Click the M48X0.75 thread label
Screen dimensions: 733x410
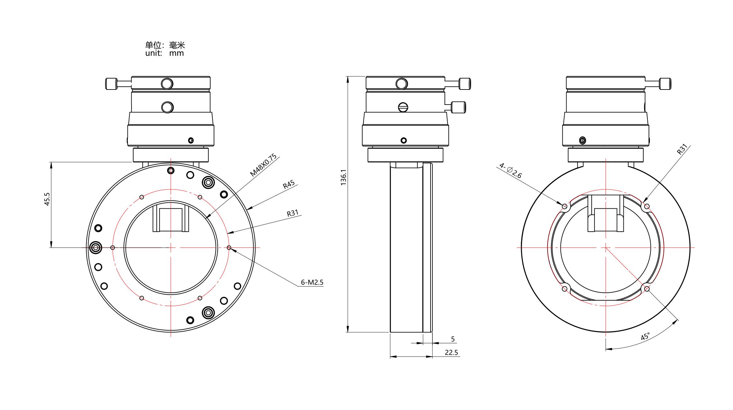[263, 165]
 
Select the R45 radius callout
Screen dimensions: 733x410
[289, 184]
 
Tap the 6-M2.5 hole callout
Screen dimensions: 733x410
[312, 282]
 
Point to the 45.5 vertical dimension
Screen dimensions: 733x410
[47, 199]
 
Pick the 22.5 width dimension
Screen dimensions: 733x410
[451, 353]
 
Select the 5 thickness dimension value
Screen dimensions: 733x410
[453, 339]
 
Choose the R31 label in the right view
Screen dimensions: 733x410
[682, 149]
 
